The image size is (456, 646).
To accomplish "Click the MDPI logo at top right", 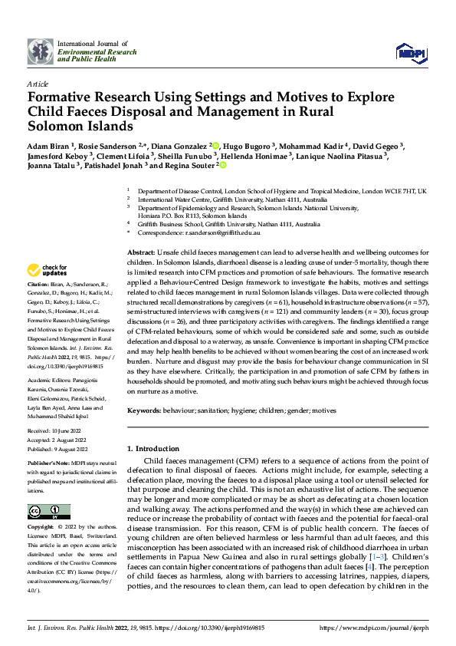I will [411, 51].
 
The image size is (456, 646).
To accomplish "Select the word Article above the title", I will [38, 83].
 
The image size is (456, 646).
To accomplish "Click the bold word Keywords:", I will [143, 411].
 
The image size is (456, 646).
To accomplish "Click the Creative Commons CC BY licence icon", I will [44, 513].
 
